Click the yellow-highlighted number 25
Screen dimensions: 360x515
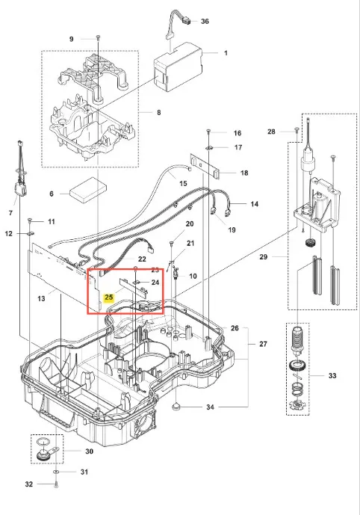coord(108,297)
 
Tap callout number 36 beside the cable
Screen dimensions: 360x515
coord(205,22)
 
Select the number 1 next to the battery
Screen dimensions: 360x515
coord(226,53)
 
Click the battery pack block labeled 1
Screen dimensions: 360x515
coord(179,67)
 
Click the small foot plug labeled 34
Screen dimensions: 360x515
coord(177,407)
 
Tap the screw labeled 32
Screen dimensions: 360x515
coord(56,484)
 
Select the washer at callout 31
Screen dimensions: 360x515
coord(56,472)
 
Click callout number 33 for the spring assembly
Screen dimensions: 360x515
coord(332,375)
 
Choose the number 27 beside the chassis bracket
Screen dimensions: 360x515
coord(263,344)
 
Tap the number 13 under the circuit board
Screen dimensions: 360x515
coord(41,298)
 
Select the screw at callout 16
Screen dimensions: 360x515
coord(208,132)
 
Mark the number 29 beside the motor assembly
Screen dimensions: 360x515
coord(264,257)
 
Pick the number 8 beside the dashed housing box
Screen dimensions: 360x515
coord(159,112)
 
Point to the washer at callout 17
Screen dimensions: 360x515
coord(208,148)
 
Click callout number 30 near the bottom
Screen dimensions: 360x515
coord(90,451)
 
